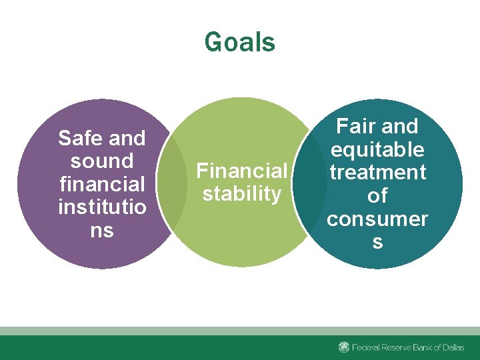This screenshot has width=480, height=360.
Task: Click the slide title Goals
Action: coord(239,42)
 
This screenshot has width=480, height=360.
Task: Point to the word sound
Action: coord(101,161)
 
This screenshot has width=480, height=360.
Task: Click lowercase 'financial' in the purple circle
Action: coord(101,185)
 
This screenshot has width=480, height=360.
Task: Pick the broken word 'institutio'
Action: coord(101,207)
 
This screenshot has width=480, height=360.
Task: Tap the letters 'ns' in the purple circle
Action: coord(101,231)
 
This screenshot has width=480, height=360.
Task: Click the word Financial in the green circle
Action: coord(241,171)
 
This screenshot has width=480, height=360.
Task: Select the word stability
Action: coord(241,194)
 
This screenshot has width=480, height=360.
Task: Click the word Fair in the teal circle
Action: coord(357,127)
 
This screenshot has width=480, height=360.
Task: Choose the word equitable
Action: coord(377,149)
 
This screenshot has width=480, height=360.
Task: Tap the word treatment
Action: coord(377,173)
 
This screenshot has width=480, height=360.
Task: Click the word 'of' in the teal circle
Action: coord(377,195)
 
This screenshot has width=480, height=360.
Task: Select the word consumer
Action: coord(377,219)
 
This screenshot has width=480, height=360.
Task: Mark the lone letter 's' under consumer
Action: coord(377,241)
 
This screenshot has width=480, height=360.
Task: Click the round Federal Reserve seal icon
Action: coord(344,347)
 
